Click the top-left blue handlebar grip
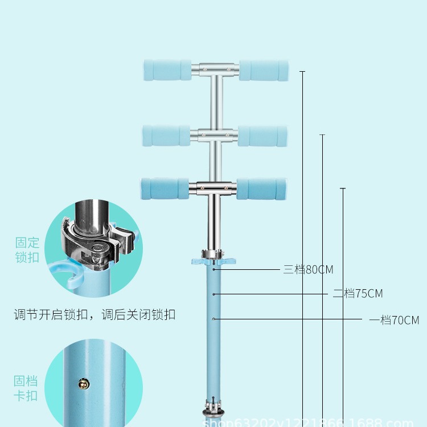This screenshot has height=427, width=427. click(x=167, y=69)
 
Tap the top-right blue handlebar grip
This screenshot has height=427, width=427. click(x=264, y=70)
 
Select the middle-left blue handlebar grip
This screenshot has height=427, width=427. click(x=167, y=136)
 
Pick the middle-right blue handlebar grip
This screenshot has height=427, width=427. click(x=262, y=136)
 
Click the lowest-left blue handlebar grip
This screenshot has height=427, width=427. click(x=165, y=188)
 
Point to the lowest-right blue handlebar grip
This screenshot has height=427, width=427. click(x=261, y=189)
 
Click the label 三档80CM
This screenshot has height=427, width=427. click(x=308, y=269)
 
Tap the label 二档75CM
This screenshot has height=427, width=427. click(x=358, y=294)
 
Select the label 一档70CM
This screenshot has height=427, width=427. click(x=394, y=320)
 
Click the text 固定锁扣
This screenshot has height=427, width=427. click(x=27, y=249)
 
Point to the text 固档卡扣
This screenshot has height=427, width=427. click(x=26, y=388)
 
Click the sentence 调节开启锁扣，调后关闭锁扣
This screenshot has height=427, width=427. click(x=95, y=314)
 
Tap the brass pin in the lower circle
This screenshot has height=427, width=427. click(x=83, y=385)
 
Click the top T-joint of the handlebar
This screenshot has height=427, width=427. click(x=215, y=69)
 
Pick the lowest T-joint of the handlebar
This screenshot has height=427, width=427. click(x=213, y=187)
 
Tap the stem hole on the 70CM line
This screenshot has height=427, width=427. click(x=213, y=319)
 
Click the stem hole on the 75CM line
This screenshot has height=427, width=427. click(x=213, y=294)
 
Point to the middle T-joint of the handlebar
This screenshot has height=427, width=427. click(x=214, y=134)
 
